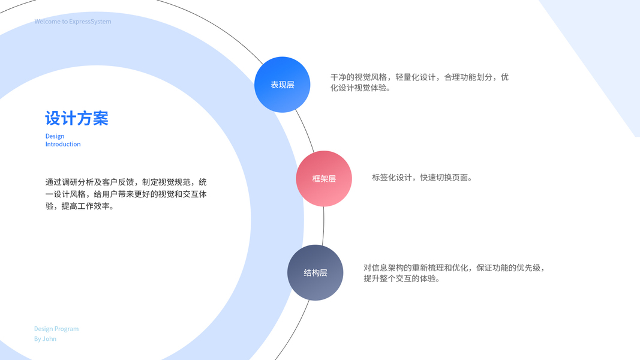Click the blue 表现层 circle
[x=282, y=85]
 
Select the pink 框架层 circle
[x=324, y=178]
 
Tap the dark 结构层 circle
[x=315, y=272]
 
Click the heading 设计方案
[x=77, y=118]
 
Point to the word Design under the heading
[x=55, y=136]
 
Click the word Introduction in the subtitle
[x=63, y=144]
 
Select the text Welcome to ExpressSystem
[x=73, y=22]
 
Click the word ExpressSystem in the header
[x=91, y=22]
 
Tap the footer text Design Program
[x=56, y=329]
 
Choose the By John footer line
[x=45, y=339]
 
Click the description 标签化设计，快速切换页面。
[x=422, y=178]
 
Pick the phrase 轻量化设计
[x=415, y=77]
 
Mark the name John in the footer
[x=50, y=339]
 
